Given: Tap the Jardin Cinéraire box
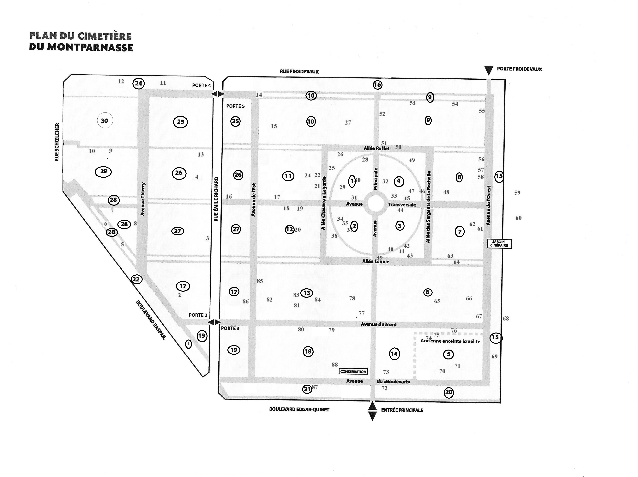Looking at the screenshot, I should [499, 244].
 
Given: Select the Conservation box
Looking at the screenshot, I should [353, 372].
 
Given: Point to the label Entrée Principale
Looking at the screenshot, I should [402, 410].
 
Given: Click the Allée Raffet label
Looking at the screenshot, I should [376, 148].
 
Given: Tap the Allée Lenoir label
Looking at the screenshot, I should [376, 261].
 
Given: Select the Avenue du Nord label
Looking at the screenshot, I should [379, 324].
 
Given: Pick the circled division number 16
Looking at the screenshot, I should [377, 85].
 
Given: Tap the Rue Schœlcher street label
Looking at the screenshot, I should [57, 142].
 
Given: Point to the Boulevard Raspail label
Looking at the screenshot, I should [151, 320].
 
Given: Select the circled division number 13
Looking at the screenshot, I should [307, 293].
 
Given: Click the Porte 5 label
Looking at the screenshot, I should [235, 106].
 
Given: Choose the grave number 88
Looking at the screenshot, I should [334, 364].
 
